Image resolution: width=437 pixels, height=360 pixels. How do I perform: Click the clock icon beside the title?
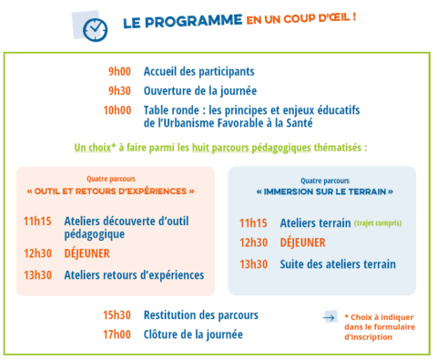pyautogui.click(x=95, y=28)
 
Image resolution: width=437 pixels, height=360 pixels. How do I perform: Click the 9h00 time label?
pyautogui.click(x=119, y=71)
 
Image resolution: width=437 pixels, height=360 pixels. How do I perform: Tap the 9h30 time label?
pyautogui.click(x=119, y=90)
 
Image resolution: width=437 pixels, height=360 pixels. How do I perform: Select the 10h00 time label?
pyautogui.click(x=117, y=110)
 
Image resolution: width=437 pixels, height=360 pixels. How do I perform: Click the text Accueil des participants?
pyautogui.click(x=199, y=71)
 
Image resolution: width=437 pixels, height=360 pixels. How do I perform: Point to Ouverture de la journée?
pyautogui.click(x=200, y=90)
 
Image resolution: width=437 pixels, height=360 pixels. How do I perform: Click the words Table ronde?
pyautogui.click(x=173, y=110)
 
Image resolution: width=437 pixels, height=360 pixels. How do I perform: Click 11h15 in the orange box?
pyautogui.click(x=39, y=221)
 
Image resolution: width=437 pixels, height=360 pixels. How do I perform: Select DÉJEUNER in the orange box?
pyautogui.click(x=86, y=253)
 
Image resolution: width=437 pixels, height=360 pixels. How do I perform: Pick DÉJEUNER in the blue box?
pyautogui.click(x=302, y=242)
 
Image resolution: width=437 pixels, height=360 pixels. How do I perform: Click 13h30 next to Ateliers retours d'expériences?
pyautogui.click(x=39, y=274)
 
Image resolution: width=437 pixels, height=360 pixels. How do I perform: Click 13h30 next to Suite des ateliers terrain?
pyautogui.click(x=254, y=264)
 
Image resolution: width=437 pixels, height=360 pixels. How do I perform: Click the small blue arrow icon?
pyautogui.click(x=330, y=317)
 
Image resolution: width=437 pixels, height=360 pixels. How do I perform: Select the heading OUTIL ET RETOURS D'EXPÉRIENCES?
pyautogui.click(x=111, y=191)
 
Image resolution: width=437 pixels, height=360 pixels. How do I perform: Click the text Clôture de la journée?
pyautogui.click(x=193, y=334)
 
